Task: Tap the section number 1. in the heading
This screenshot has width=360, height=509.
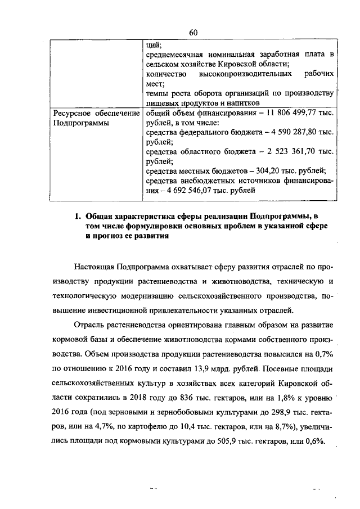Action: click(x=79, y=216)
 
